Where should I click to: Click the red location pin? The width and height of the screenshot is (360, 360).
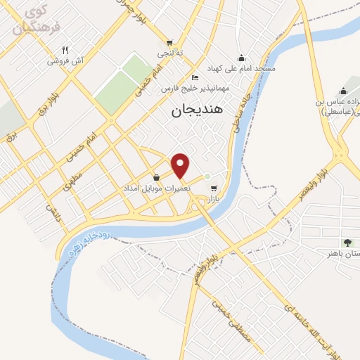click(181, 165)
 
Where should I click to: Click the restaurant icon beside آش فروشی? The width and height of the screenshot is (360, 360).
click(65, 50)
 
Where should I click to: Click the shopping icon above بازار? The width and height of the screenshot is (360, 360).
click(213, 188)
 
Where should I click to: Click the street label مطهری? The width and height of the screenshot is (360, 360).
click(73, 181)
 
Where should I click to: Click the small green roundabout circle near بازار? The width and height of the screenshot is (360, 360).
click(207, 176)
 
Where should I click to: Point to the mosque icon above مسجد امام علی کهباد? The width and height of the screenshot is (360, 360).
click(242, 58)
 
